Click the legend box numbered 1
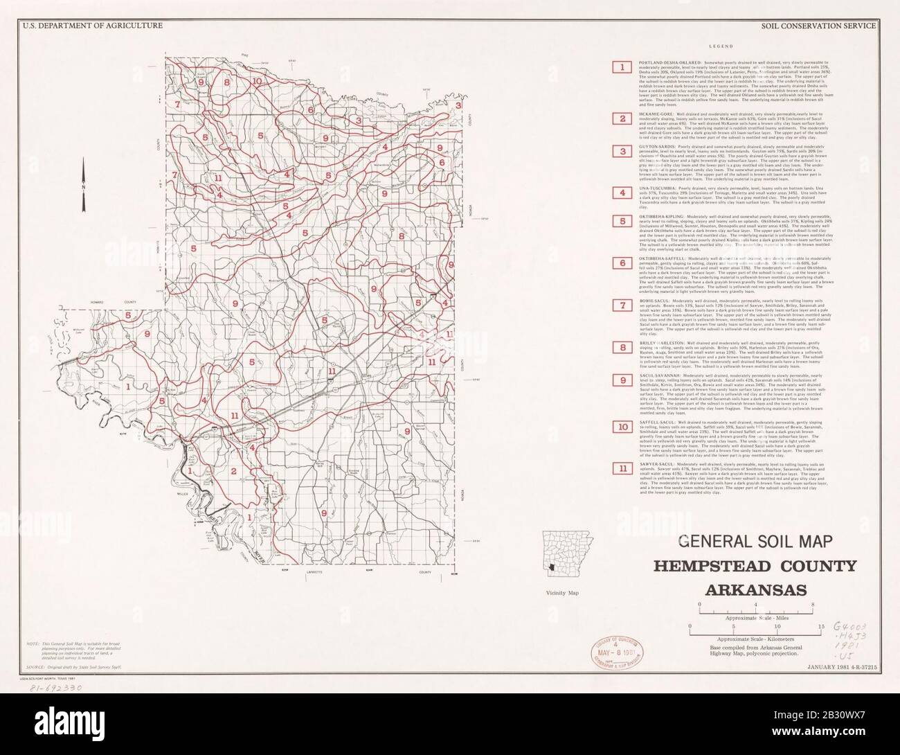623,66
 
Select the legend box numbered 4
623,192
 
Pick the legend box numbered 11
623,468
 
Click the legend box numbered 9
623,380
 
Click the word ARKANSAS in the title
755,589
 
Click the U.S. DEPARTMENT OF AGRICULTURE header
92,26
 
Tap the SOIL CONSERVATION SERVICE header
818,26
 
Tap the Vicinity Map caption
561,594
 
